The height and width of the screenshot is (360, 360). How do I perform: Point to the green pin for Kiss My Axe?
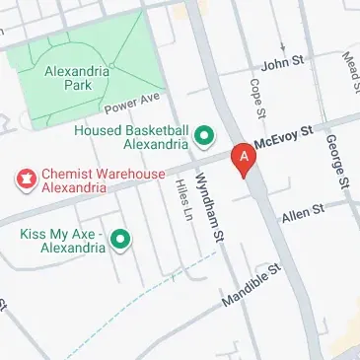(x=120, y=239)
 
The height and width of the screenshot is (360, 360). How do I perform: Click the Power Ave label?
(x=131, y=104)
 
